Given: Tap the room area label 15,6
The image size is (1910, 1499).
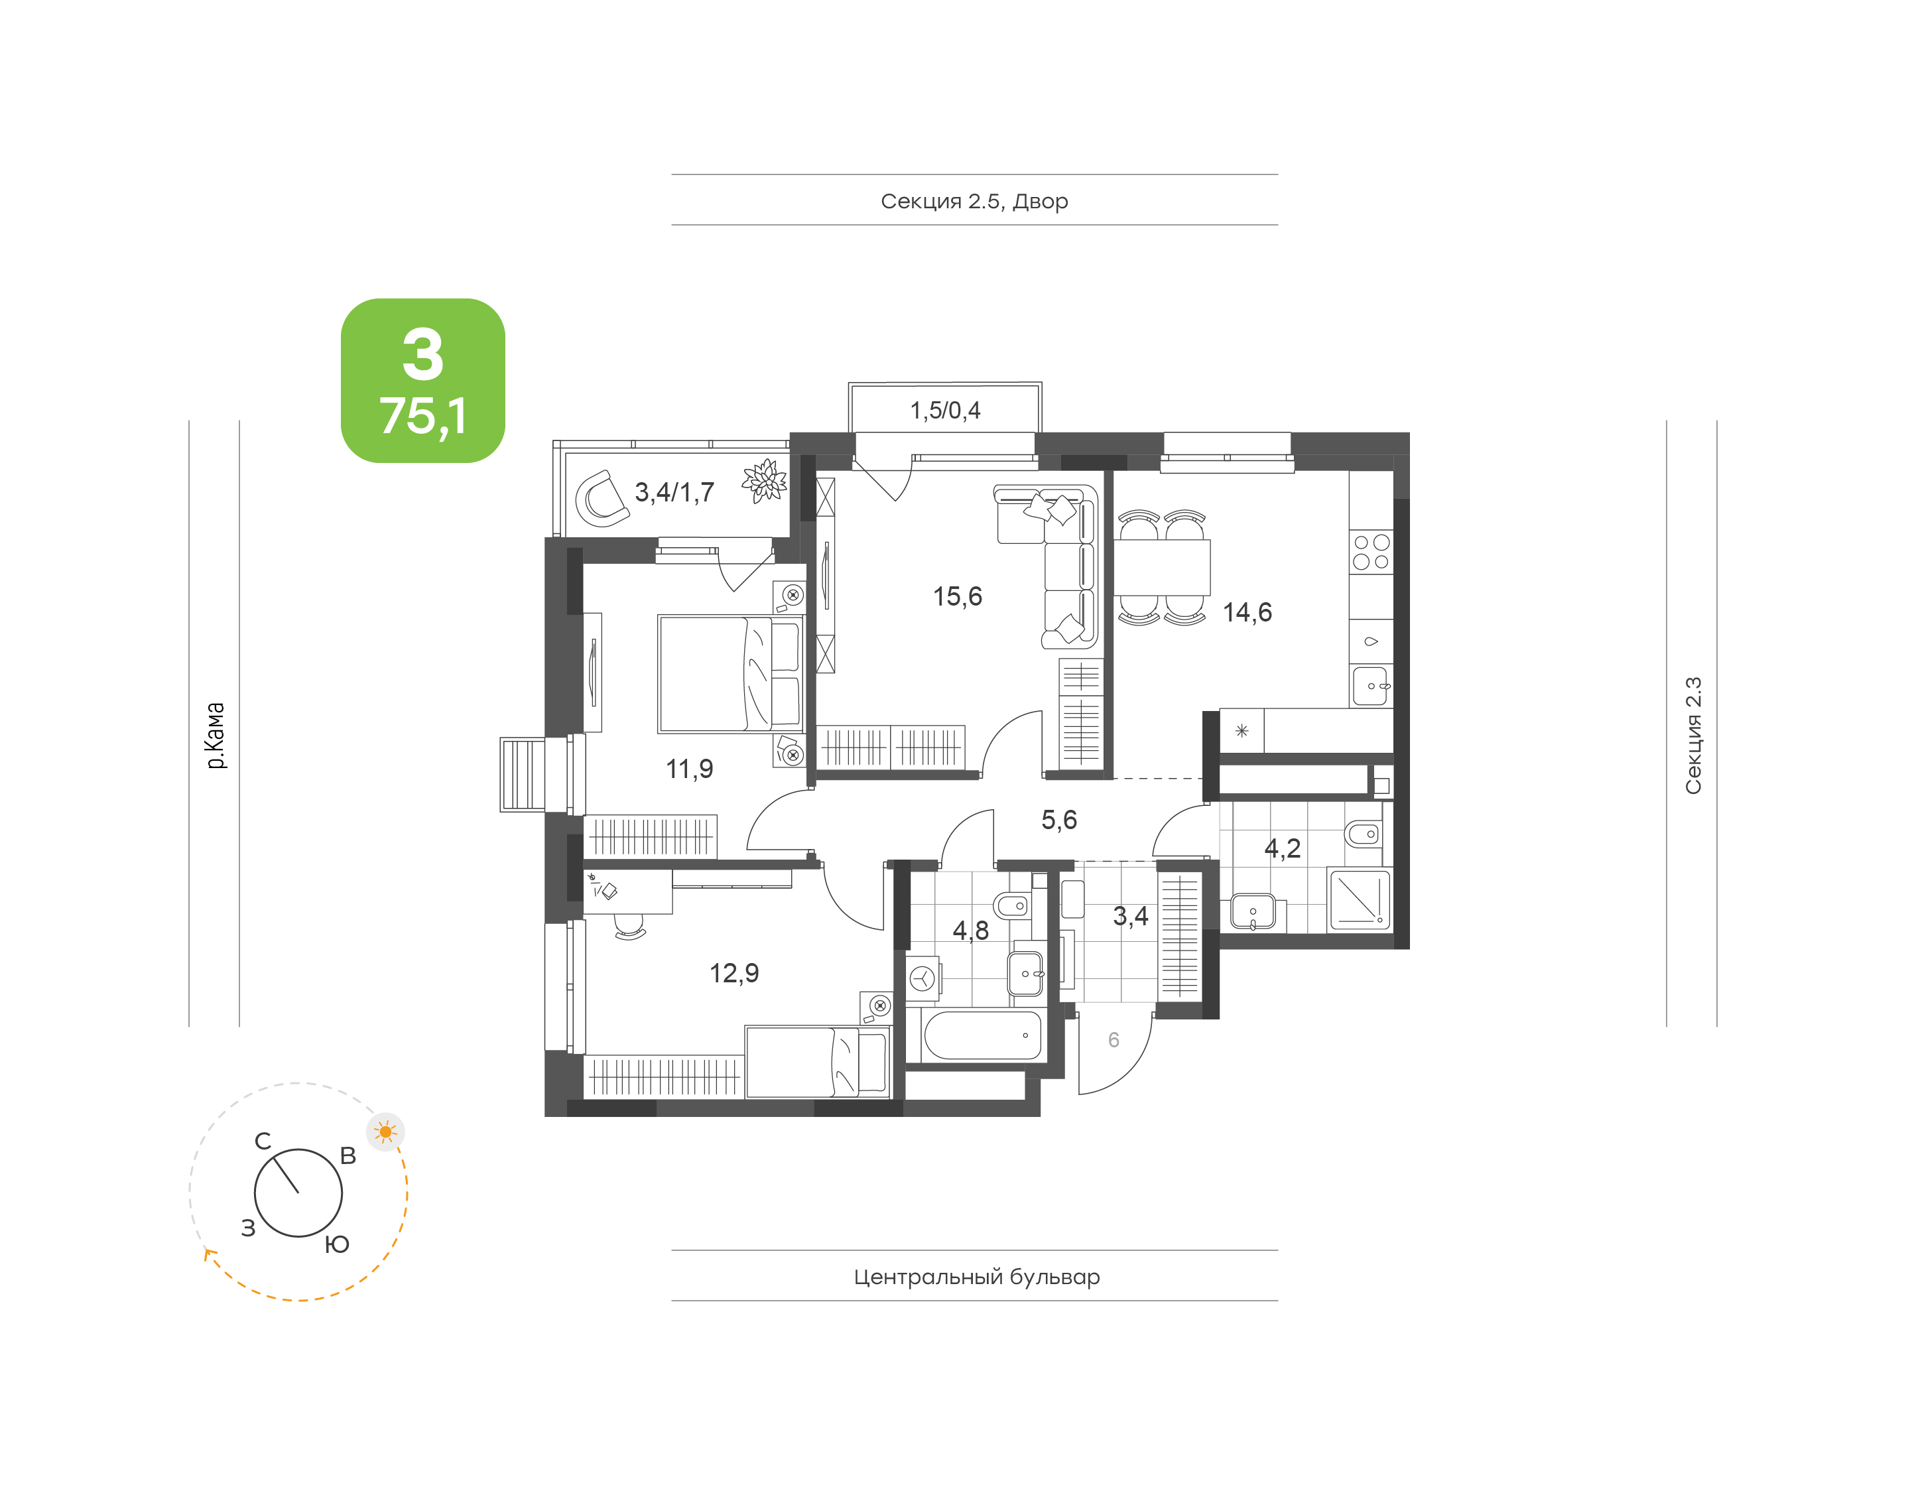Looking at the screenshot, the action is tap(957, 597).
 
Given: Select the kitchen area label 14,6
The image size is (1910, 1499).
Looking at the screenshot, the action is tap(1247, 613).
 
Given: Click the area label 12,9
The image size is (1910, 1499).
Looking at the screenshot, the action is tap(734, 972).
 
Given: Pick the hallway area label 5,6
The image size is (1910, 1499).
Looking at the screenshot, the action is tap(1059, 820).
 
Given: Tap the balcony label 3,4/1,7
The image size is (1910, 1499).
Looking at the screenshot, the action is tap(674, 492).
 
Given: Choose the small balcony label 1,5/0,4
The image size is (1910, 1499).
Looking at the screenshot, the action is tap(945, 410).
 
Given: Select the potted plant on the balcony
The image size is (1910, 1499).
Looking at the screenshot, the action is tap(763, 481).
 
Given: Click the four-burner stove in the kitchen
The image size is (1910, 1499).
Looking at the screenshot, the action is tap(1370, 552).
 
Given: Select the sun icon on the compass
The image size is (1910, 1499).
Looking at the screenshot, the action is tap(385, 1132).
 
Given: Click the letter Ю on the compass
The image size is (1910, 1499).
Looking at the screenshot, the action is tap(337, 1244).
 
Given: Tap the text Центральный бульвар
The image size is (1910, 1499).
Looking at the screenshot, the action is tap(976, 1277).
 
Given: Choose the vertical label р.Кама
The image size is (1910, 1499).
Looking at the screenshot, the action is tap(215, 736).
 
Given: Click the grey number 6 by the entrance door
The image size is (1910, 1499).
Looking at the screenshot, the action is tap(1114, 1040).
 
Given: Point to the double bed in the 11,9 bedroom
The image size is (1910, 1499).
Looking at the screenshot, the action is tap(731, 674).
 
